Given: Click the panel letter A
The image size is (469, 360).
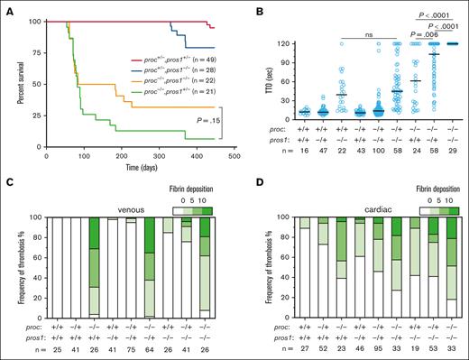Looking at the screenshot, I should (6, 8).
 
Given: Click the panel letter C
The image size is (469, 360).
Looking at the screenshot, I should (6, 187).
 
